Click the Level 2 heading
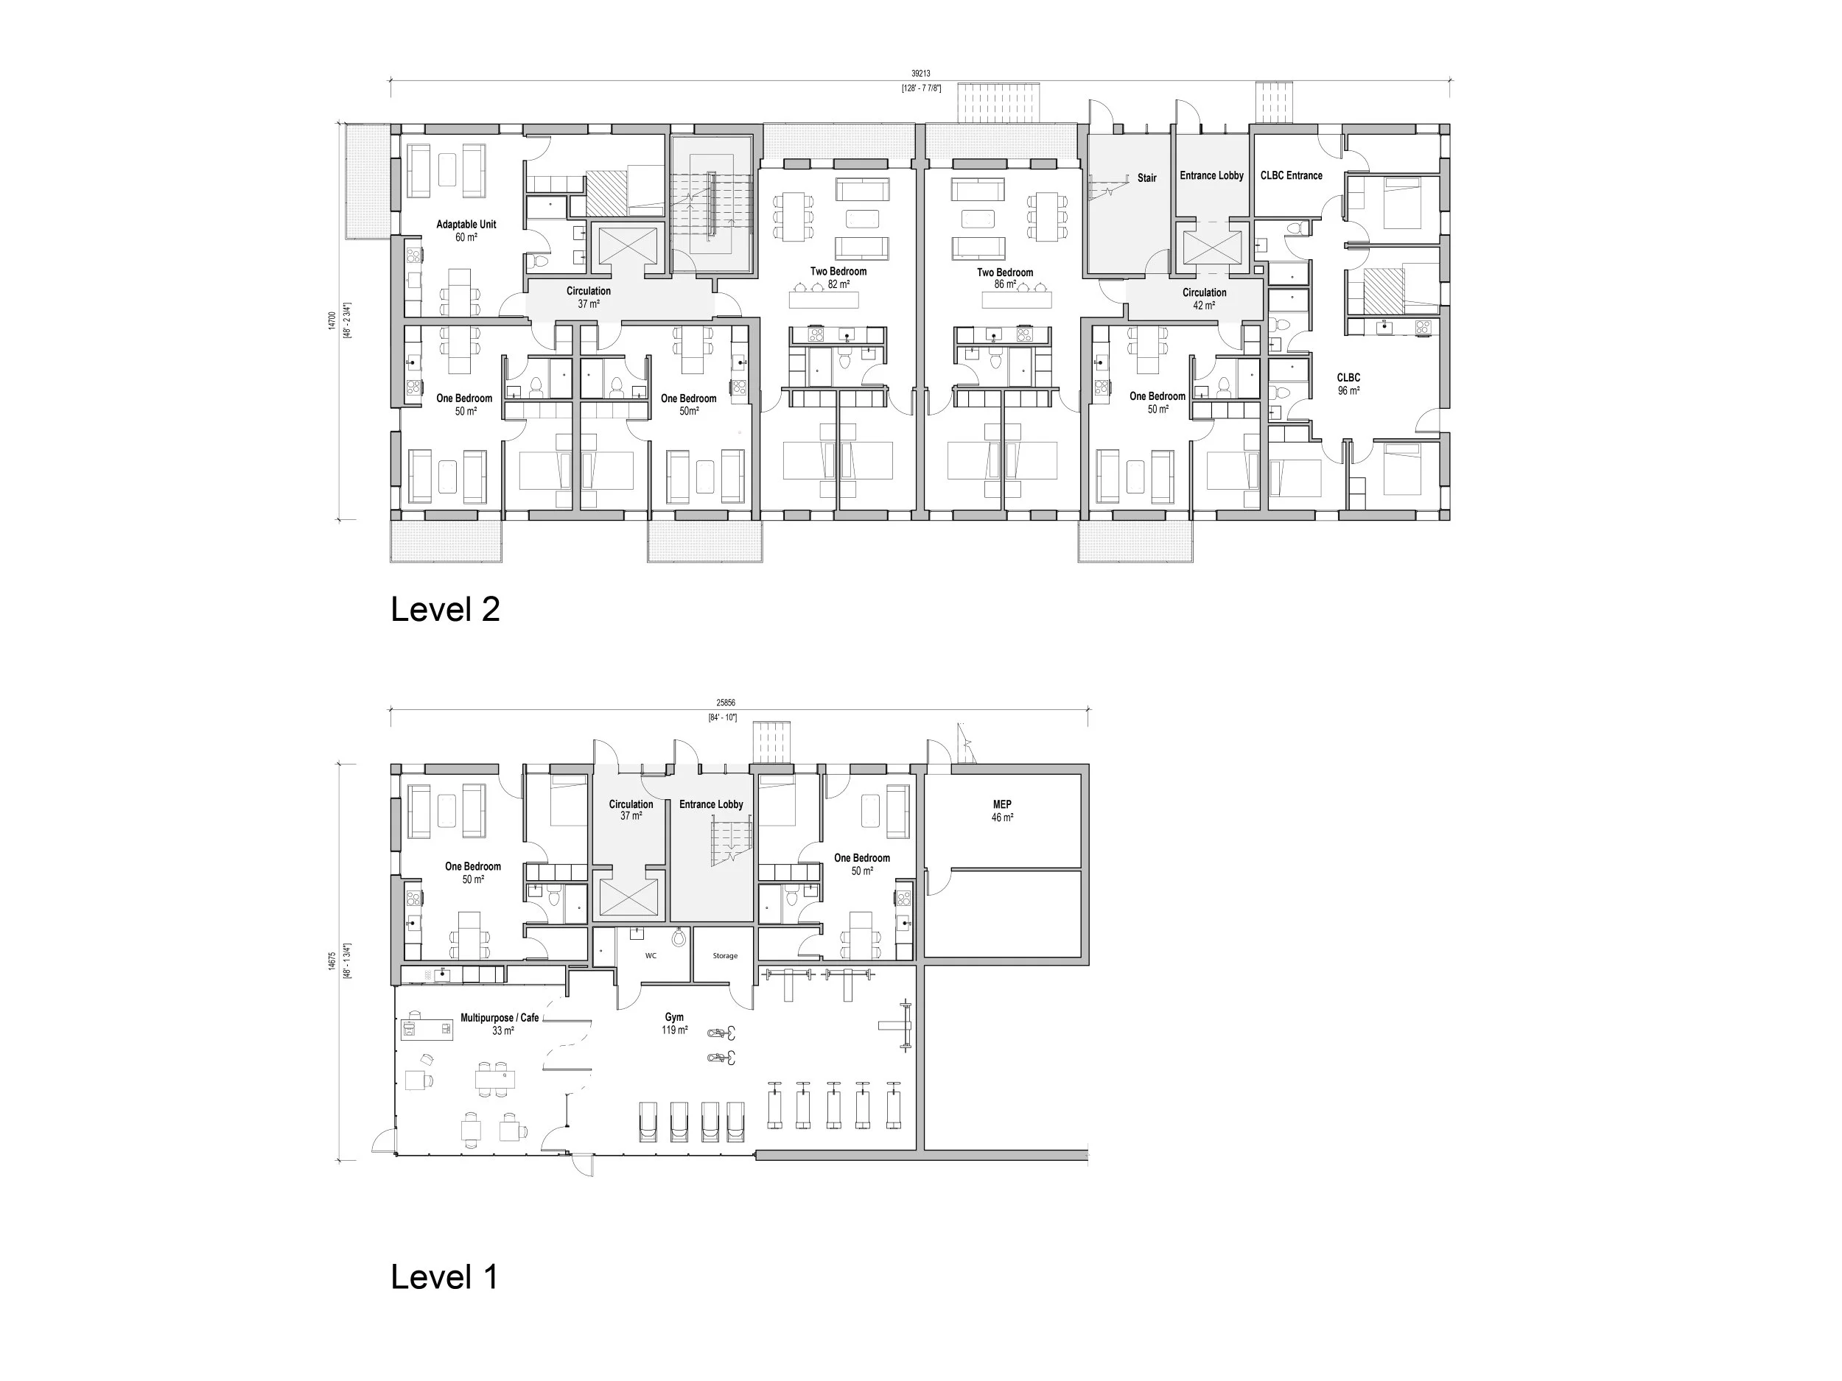click(445, 610)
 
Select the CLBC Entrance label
click(1291, 175)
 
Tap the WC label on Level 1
click(651, 955)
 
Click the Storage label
click(724, 955)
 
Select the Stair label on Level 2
click(1146, 178)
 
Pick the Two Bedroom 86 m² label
click(1004, 278)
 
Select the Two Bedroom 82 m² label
click(838, 277)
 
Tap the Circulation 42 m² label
click(1204, 299)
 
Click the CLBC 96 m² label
click(1348, 384)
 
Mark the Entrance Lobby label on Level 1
click(711, 804)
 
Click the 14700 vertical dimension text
click(332, 320)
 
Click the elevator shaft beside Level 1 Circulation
click(628, 898)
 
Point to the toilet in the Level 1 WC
click(679, 938)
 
